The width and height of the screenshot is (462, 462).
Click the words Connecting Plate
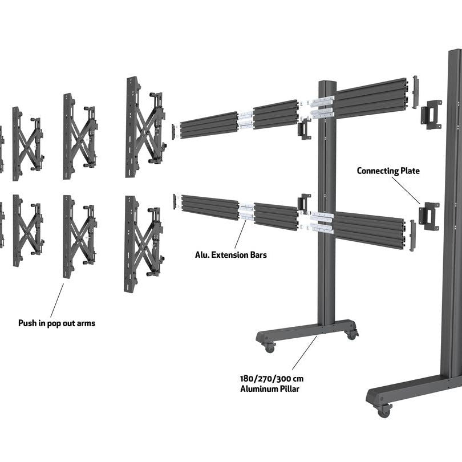point(388,171)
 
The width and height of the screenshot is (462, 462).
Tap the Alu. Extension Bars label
point(230,254)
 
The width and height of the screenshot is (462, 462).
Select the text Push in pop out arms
point(56,323)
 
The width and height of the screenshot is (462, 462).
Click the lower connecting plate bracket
point(429,216)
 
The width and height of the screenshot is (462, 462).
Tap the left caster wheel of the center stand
point(269,346)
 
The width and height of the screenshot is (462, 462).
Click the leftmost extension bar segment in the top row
point(209,125)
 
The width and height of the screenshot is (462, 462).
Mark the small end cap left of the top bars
point(174,131)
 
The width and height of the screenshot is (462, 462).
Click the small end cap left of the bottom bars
point(175,201)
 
